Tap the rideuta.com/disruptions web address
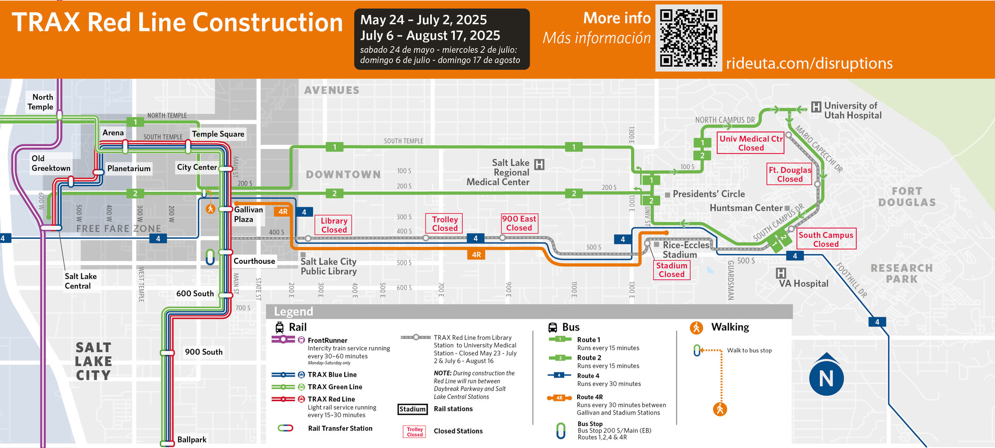point(809,63)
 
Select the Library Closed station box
point(333,225)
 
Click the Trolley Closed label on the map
point(444,224)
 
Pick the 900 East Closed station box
point(519,223)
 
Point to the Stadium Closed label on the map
point(671,270)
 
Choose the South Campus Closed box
point(825,239)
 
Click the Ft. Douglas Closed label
point(790,174)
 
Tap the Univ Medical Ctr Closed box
point(751,143)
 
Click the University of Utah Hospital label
point(852,111)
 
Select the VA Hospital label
point(803,283)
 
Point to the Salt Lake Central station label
point(80,281)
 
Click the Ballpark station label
point(192,440)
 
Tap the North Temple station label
point(41,102)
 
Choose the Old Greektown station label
point(50,163)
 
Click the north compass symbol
point(826,377)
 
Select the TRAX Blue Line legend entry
point(332,374)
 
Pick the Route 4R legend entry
point(590,397)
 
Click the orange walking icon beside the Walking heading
point(696,327)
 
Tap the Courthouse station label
point(254,261)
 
